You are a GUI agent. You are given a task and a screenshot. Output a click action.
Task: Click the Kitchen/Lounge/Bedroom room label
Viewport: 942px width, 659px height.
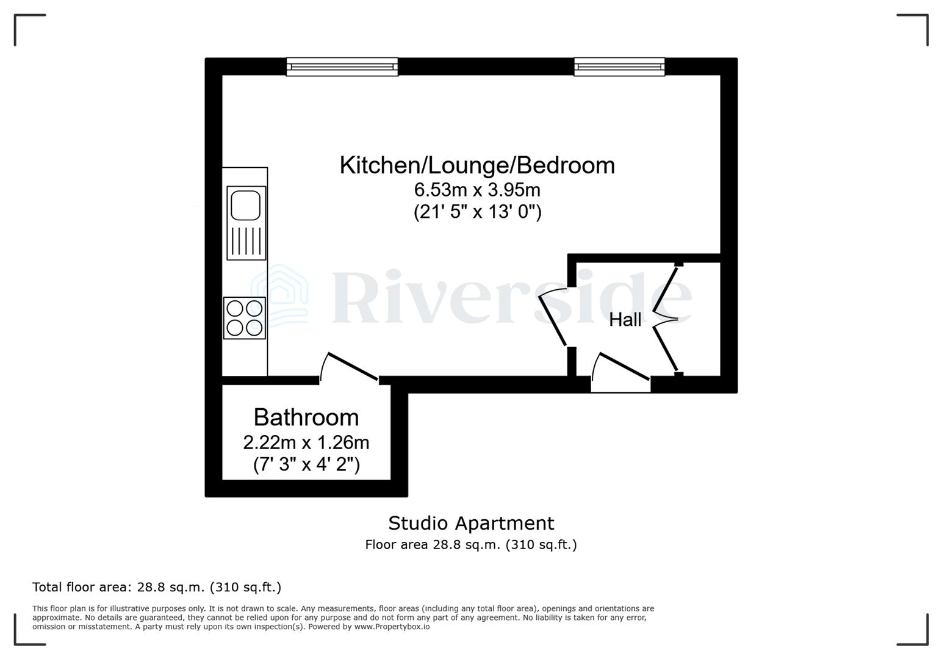(x=477, y=165)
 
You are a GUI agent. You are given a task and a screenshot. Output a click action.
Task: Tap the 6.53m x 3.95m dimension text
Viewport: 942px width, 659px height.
(x=477, y=190)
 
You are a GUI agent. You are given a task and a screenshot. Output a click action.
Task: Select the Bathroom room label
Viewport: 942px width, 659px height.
(x=306, y=417)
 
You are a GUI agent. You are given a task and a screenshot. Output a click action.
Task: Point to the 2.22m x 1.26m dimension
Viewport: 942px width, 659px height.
(x=306, y=442)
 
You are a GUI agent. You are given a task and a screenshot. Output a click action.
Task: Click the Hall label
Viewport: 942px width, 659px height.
(x=625, y=319)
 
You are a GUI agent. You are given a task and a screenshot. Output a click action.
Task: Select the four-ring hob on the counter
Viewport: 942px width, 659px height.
(x=245, y=318)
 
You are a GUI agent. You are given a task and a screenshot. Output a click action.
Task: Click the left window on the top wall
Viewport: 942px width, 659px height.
(x=342, y=67)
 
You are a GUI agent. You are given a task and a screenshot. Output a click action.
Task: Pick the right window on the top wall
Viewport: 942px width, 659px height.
(x=619, y=67)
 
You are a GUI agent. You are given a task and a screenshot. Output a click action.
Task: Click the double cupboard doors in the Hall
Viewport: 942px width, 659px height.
(x=666, y=319)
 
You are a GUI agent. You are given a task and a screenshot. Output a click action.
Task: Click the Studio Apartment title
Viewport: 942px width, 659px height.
(x=471, y=524)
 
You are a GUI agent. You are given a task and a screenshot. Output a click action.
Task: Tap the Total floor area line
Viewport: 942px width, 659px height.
(x=157, y=588)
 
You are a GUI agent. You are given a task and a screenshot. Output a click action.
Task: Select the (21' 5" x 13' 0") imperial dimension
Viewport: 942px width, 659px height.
(x=477, y=212)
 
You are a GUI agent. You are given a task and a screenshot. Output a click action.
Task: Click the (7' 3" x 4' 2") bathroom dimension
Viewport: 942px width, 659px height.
(x=306, y=465)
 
